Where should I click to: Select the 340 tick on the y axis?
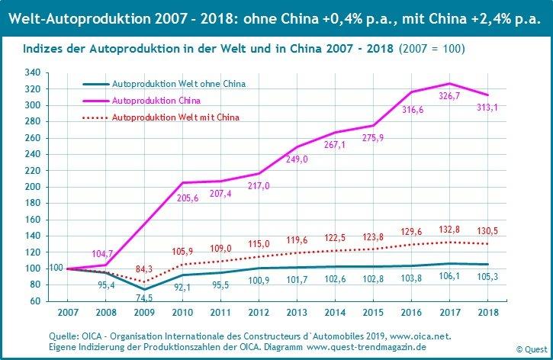[x=32, y=73]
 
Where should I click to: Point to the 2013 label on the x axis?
[x=296, y=312]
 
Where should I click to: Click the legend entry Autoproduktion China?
[x=156, y=100]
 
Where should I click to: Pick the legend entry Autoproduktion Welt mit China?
[x=175, y=117]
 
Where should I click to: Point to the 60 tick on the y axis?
[x=34, y=301]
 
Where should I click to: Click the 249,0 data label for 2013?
[x=294, y=159]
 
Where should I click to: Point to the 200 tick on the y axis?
[x=32, y=187]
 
